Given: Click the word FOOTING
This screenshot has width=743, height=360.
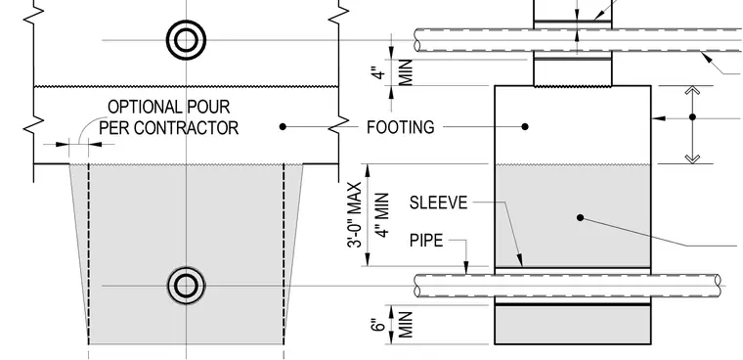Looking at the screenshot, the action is [401, 127].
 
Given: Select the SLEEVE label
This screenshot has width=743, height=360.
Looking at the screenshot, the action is [438, 203].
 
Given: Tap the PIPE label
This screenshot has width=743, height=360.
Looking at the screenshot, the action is [426, 241].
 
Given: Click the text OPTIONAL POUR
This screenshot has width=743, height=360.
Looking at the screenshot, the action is [169, 107].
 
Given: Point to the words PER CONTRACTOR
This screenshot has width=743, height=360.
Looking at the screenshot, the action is [169, 128].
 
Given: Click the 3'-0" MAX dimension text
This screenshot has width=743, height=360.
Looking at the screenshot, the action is [355, 215].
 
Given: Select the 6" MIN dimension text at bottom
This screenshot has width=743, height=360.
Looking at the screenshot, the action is [392, 325].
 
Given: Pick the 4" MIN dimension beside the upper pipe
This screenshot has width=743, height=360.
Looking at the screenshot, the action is [392, 72].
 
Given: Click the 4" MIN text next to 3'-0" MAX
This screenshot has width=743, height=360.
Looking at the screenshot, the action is [382, 215].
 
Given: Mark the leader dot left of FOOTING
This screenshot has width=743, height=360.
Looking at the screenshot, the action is [283, 126].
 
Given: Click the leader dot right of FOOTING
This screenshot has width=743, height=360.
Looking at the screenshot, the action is [525, 126].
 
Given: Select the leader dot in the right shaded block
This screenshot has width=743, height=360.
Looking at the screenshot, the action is [580, 218].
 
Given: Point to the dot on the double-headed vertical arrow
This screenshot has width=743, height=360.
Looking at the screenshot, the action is [692, 116].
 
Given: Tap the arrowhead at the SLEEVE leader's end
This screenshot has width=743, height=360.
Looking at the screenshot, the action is [520, 260].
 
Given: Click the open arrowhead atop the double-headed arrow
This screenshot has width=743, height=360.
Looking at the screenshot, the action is [692, 91].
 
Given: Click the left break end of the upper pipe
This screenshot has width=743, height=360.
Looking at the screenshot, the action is [417, 40].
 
